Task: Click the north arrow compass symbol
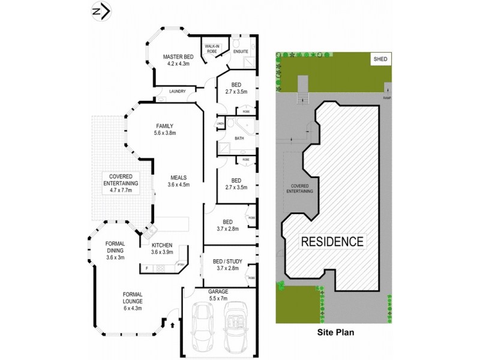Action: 101,11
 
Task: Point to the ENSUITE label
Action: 241,52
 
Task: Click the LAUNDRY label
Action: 177,91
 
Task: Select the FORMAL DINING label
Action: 115,250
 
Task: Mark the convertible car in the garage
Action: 234,326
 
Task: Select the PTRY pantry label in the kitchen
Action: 180,265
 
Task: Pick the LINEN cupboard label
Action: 220,124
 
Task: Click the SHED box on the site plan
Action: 380,59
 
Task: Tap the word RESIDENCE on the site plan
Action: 332,242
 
